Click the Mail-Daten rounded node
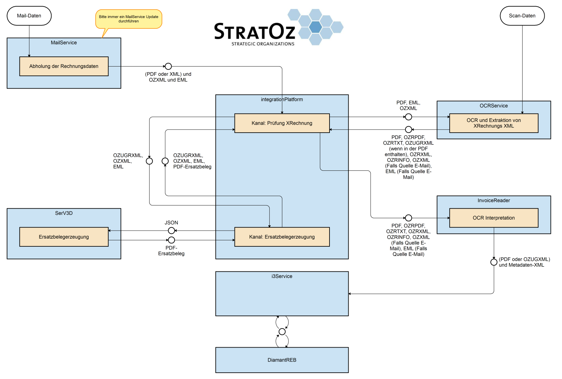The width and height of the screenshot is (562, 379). tap(29, 16)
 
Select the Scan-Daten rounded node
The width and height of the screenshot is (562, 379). tap(522, 16)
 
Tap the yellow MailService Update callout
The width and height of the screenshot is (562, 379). tap(128, 19)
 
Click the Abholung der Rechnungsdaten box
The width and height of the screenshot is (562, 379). tap(64, 66)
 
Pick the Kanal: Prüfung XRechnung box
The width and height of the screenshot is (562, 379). tap(282, 123)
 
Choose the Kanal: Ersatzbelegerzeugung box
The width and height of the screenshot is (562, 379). tap(282, 237)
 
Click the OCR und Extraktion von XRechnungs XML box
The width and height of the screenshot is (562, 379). tap(493, 123)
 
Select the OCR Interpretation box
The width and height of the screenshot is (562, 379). tap(493, 218)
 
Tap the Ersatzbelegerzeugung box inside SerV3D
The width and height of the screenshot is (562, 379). tap(64, 237)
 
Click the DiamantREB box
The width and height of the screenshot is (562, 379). tap(282, 360)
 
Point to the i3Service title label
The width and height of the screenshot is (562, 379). tap(282, 276)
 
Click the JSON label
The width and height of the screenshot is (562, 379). tap(171, 223)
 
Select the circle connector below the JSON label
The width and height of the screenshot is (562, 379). tap(171, 231)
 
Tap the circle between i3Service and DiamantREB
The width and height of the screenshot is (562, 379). tap(282, 332)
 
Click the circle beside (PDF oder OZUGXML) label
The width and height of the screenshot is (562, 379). tap(494, 262)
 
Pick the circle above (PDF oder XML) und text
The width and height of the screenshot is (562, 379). tap(168, 66)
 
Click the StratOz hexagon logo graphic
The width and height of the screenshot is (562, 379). tap(315, 27)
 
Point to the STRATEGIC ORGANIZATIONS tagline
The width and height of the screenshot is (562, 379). tap(263, 44)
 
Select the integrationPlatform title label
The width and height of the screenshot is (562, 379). tap(282, 100)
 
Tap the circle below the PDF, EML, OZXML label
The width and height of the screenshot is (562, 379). tap(408, 117)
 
